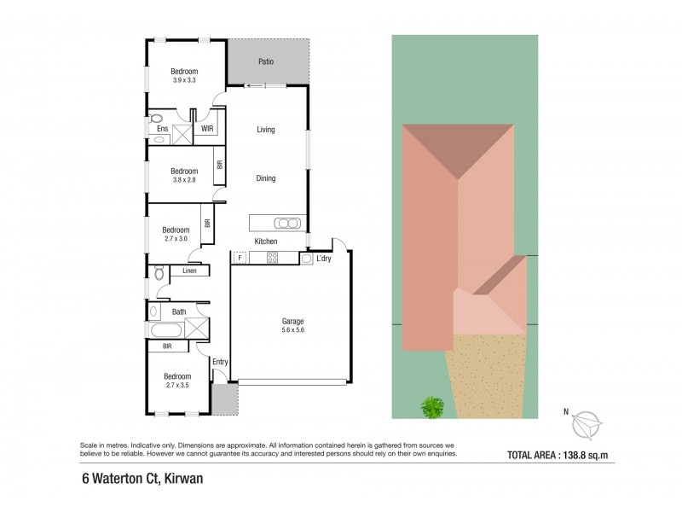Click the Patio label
[266, 61]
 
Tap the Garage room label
[293, 322]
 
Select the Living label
[266, 130]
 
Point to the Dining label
[266, 178]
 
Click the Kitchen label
[266, 241]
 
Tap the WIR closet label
[206, 130]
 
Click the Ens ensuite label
[162, 130]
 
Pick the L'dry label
[324, 259]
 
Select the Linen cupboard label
[189, 271]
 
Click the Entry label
[220, 362]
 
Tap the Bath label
[179, 311]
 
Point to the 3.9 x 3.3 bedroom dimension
[184, 80]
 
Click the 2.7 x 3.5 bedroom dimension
[177, 385]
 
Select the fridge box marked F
[240, 258]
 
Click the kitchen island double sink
[287, 224]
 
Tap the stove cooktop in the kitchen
[273, 258]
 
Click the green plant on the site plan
[433, 407]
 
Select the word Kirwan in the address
[179, 480]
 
